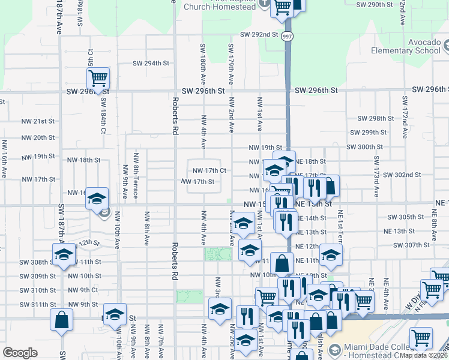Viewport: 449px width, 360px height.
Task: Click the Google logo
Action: (x=20, y=353)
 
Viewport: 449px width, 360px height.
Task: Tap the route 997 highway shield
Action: (x=288, y=36)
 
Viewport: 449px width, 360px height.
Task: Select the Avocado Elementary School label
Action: (x=406, y=47)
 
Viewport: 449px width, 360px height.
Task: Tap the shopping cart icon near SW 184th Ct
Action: (x=98, y=78)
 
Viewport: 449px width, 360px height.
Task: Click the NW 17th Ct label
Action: (x=209, y=170)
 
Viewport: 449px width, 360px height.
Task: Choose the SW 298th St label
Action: (x=375, y=119)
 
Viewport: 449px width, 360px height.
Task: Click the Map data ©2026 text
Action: (x=424, y=355)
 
